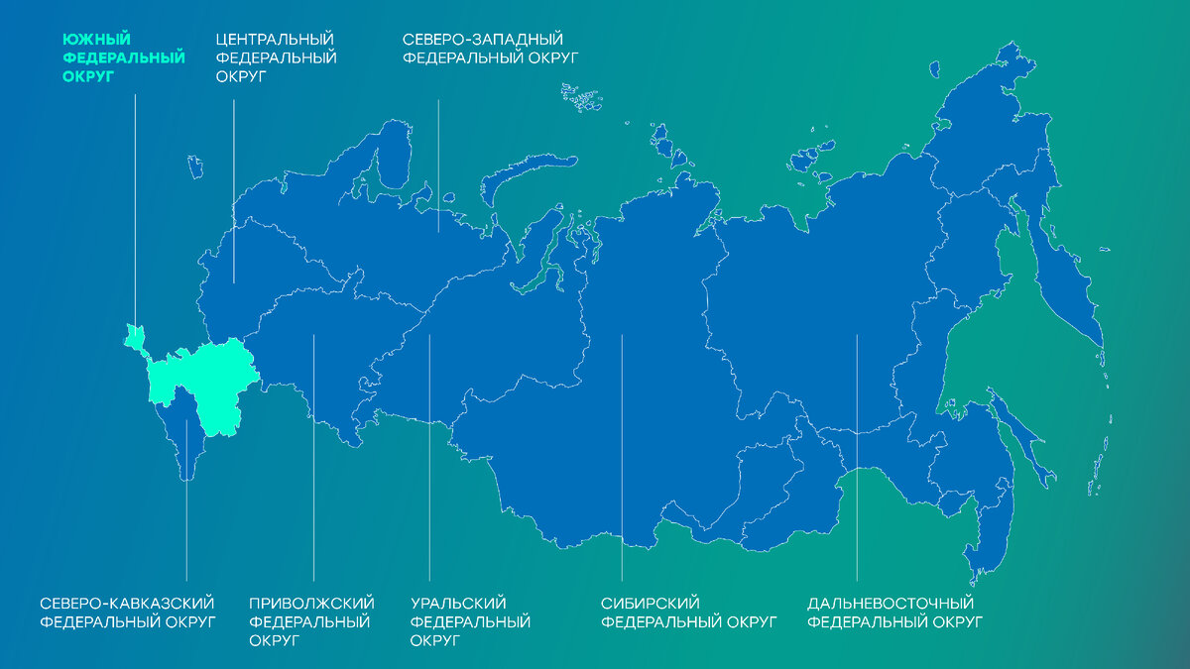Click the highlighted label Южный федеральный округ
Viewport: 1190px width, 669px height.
(123, 58)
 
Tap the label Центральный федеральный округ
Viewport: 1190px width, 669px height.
(276, 58)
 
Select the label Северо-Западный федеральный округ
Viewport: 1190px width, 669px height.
(490, 49)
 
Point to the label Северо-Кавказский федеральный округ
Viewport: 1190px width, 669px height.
(128, 613)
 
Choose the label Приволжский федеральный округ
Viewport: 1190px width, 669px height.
(311, 621)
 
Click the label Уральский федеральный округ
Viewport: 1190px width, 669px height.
(470, 621)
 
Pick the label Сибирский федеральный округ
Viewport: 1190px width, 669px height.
(689, 613)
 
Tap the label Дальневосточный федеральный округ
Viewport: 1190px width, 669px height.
(894, 613)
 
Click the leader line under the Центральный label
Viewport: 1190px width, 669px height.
(234, 188)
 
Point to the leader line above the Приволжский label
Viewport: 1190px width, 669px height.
(313, 456)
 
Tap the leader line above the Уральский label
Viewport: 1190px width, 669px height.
(429, 456)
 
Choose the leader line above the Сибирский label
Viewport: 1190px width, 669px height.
(622, 456)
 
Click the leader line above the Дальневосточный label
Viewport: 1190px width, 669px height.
(857, 456)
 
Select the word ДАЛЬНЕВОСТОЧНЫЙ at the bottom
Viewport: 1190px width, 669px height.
(891, 604)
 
